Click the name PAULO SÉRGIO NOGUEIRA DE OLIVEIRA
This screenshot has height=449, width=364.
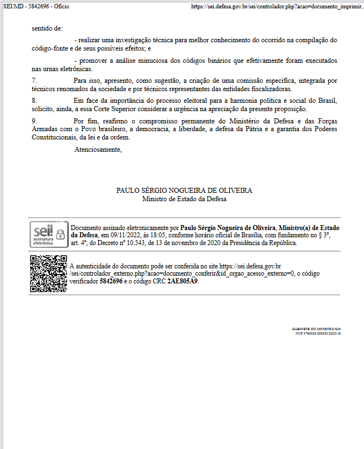pyautogui.click(x=184, y=191)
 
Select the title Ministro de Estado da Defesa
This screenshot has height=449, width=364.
pyautogui.click(x=184, y=198)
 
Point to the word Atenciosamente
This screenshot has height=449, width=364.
pyautogui.click(x=98, y=149)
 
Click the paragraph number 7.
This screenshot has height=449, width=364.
pyautogui.click(x=34, y=81)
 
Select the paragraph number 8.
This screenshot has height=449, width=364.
pyautogui.click(x=34, y=101)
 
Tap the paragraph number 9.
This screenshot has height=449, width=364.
pyautogui.click(x=34, y=121)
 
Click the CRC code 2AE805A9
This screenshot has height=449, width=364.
pyautogui.click(x=183, y=281)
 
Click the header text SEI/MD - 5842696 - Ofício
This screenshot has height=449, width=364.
pyautogui.click(x=36, y=6)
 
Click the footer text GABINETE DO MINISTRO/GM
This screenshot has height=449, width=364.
pyautogui.click(x=316, y=329)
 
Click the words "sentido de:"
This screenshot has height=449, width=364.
pyautogui.click(x=47, y=28)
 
